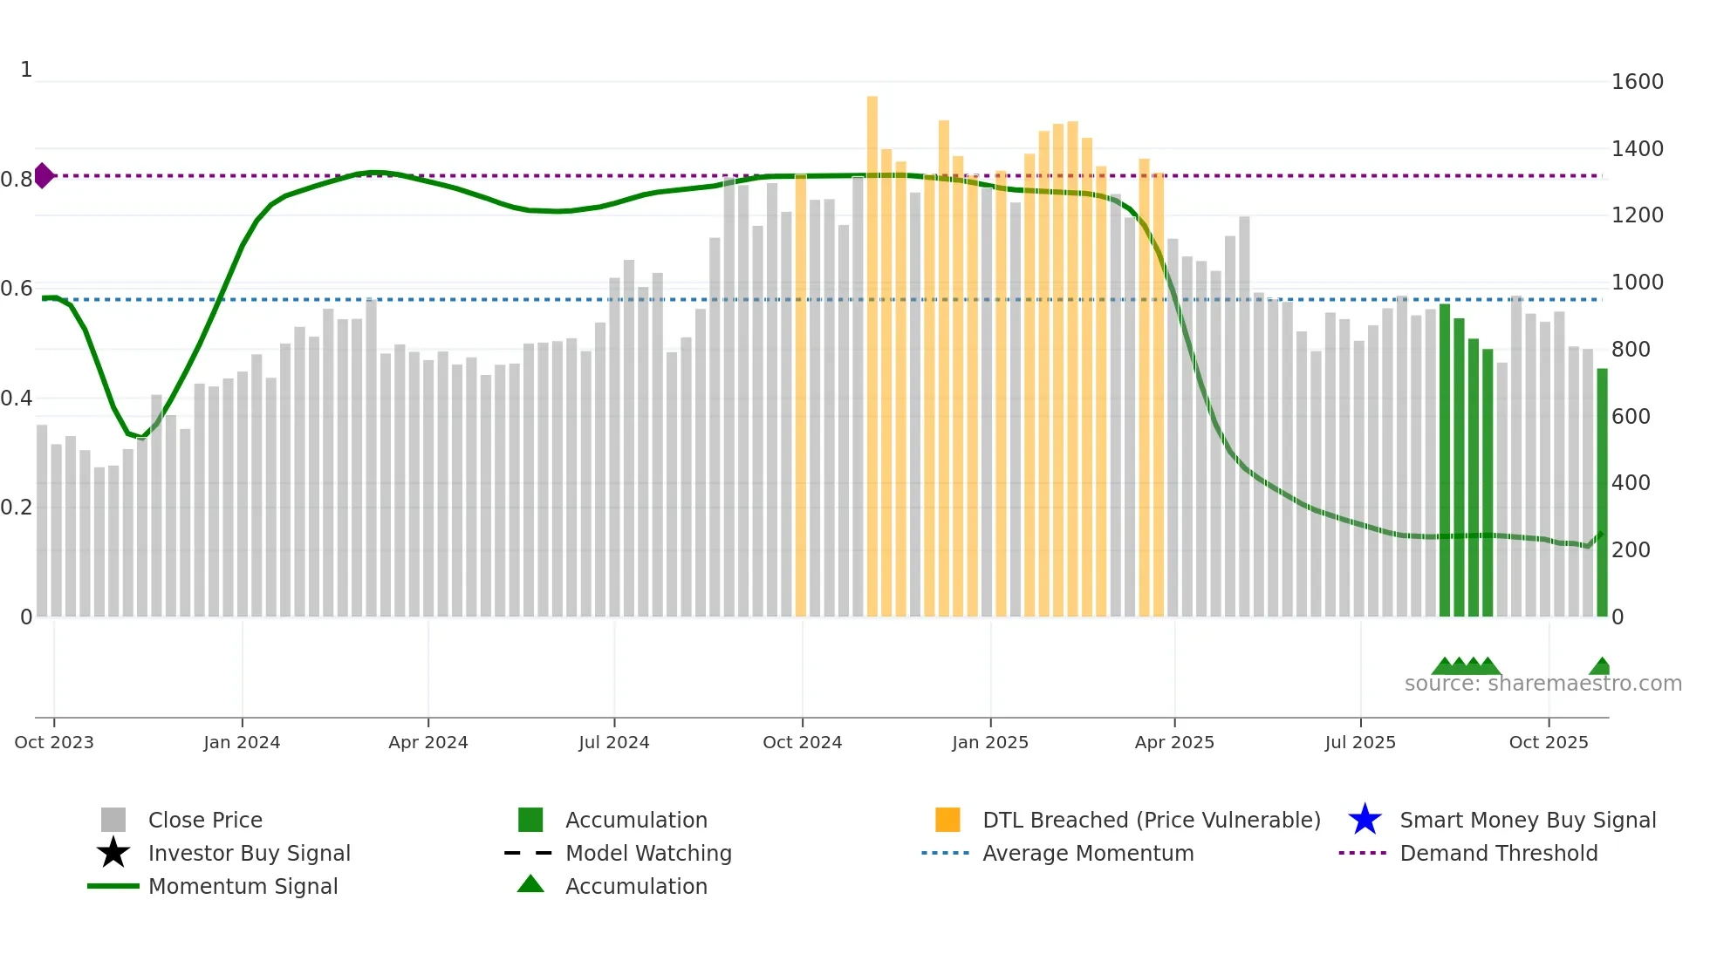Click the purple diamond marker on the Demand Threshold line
(x=43, y=175)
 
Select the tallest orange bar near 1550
(x=872, y=349)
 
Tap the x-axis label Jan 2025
(x=990, y=742)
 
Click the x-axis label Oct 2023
(x=54, y=742)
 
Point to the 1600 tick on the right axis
(x=1637, y=82)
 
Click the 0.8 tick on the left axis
(x=17, y=180)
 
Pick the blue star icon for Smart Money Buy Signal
(x=1365, y=820)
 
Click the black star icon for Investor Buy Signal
(x=113, y=853)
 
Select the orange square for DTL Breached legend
(x=947, y=820)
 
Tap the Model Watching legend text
(x=648, y=853)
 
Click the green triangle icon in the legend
(x=530, y=884)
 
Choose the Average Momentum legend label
(x=1088, y=853)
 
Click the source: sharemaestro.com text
(x=1542, y=684)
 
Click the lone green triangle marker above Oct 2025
(x=1601, y=666)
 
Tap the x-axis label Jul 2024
(x=614, y=742)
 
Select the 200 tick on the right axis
(x=1630, y=550)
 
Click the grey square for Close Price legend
(x=113, y=820)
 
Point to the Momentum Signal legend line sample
(x=113, y=886)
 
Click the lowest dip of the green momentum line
(x=140, y=437)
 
